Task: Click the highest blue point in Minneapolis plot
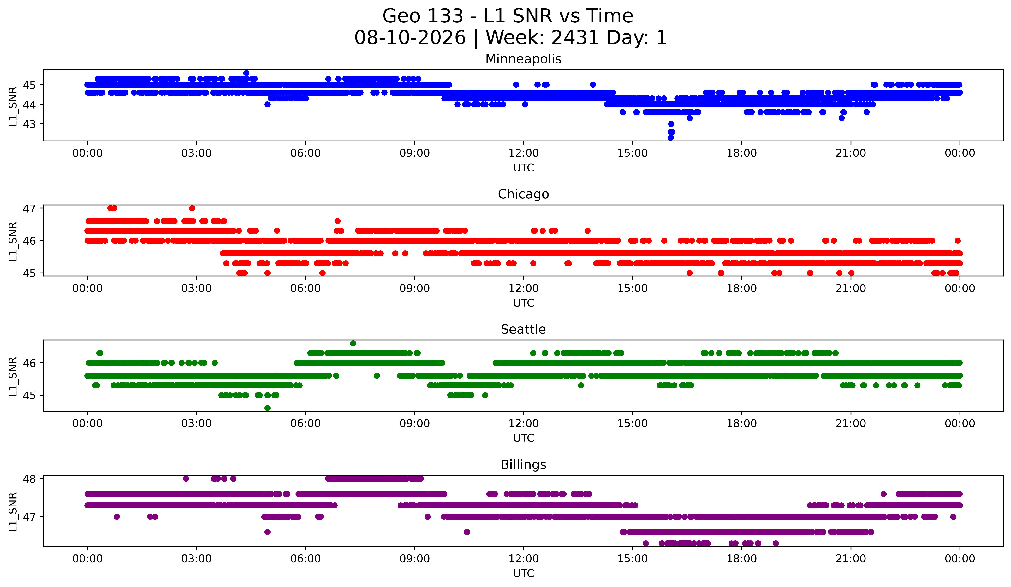click(x=246, y=73)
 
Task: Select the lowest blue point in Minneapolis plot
click(x=671, y=138)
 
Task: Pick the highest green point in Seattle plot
click(x=353, y=344)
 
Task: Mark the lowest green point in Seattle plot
click(x=268, y=408)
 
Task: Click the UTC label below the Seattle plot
click(x=524, y=438)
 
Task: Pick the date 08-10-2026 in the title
click(x=410, y=38)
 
